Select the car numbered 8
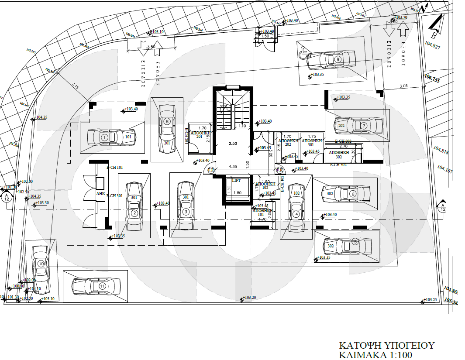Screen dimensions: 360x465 click(x=166, y=129)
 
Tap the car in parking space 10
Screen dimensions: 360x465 click(x=41, y=269)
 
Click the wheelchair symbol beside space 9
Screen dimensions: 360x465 click(x=301, y=55)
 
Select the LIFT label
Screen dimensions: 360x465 click(x=236, y=180)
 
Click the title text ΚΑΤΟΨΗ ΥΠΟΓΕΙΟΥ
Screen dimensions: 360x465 click(x=387, y=346)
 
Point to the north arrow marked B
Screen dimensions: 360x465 click(x=436, y=26)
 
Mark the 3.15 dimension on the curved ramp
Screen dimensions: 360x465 click(x=76, y=87)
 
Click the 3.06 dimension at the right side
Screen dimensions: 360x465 click(x=403, y=86)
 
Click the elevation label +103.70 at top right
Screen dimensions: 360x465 click(x=400, y=18)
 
